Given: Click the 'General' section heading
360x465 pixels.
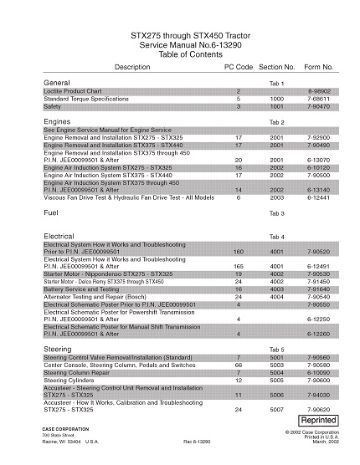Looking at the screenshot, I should point(56,84).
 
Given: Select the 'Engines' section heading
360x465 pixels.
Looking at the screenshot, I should point(57,122).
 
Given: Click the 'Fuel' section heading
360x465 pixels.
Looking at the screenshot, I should point(51,214).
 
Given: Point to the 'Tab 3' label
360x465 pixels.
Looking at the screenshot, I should point(276,215).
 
